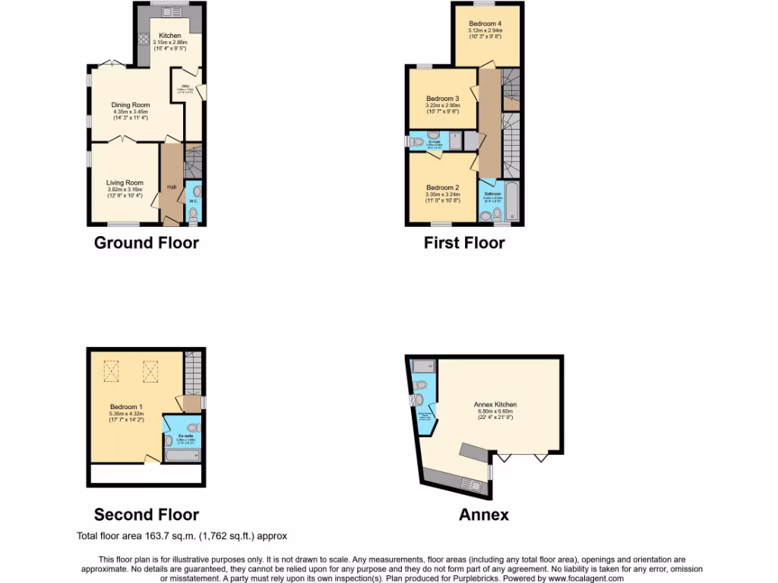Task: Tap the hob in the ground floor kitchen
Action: pos(143,41)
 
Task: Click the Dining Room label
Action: pos(130,105)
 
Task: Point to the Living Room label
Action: pos(125,182)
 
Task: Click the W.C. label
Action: pos(193,201)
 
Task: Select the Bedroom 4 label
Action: pos(485,24)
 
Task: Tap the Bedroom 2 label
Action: pos(442,188)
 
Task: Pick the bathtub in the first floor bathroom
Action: pos(511,201)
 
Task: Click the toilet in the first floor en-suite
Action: pos(417,141)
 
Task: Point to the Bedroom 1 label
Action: pos(126,407)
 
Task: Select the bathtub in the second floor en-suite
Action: pos(182,455)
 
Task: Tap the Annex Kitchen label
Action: pos(495,405)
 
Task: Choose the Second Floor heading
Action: pos(146,515)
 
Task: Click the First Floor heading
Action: pos(464,243)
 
